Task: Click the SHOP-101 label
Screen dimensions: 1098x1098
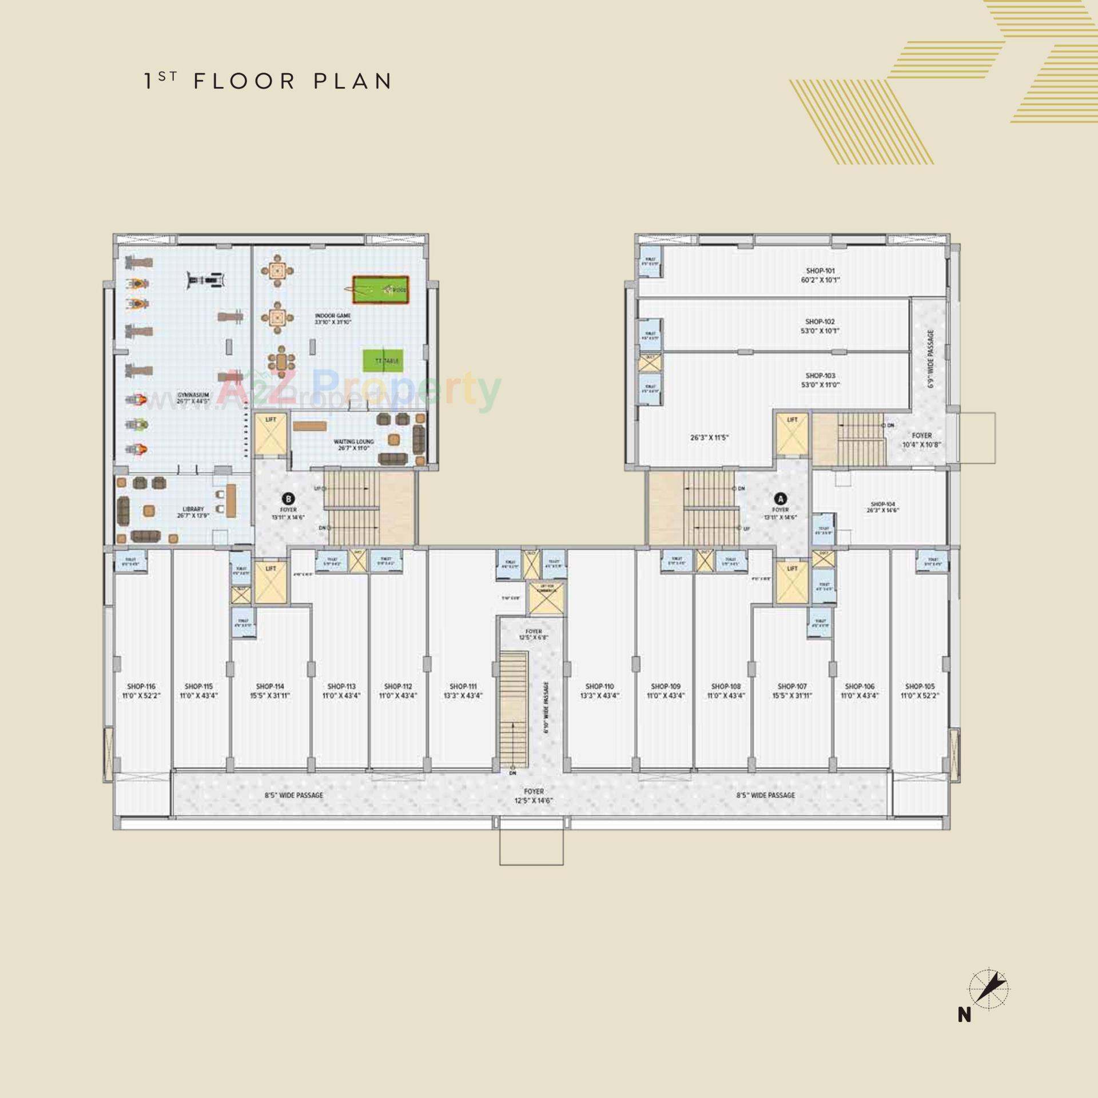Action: pos(821,270)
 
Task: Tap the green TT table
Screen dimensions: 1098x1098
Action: pos(381,361)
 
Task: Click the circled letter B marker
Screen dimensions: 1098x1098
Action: pos(289,498)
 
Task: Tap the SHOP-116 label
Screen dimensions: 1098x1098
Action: pos(142,686)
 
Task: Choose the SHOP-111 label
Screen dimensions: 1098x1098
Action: pos(463,686)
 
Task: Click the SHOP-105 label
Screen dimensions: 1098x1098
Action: pos(920,686)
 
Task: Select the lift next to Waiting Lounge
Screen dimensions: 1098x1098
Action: pos(270,435)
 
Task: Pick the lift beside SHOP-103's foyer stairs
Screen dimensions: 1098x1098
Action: pos(792,435)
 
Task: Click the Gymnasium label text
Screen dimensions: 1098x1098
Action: pos(193,395)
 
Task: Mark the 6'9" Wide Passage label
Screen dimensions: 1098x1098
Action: pos(931,359)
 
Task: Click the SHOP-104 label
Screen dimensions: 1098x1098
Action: pos(882,504)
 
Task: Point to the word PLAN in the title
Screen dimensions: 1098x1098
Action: pos(352,81)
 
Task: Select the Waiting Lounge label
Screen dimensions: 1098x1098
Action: pos(353,441)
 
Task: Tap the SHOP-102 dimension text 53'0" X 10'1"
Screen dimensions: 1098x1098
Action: pos(821,331)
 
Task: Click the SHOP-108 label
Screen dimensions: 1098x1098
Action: pos(726,686)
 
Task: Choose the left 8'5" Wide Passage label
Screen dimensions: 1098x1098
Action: pos(294,795)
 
